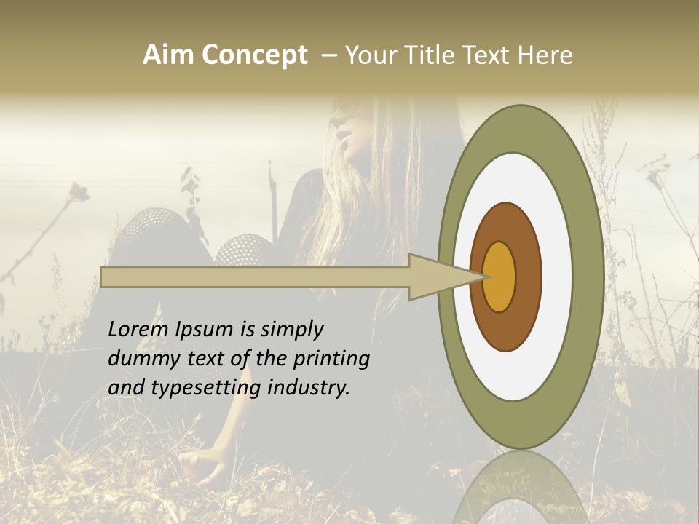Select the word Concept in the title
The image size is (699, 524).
[x=256, y=55]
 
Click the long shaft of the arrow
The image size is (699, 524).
[x=255, y=277]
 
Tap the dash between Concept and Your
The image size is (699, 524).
[x=328, y=55]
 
